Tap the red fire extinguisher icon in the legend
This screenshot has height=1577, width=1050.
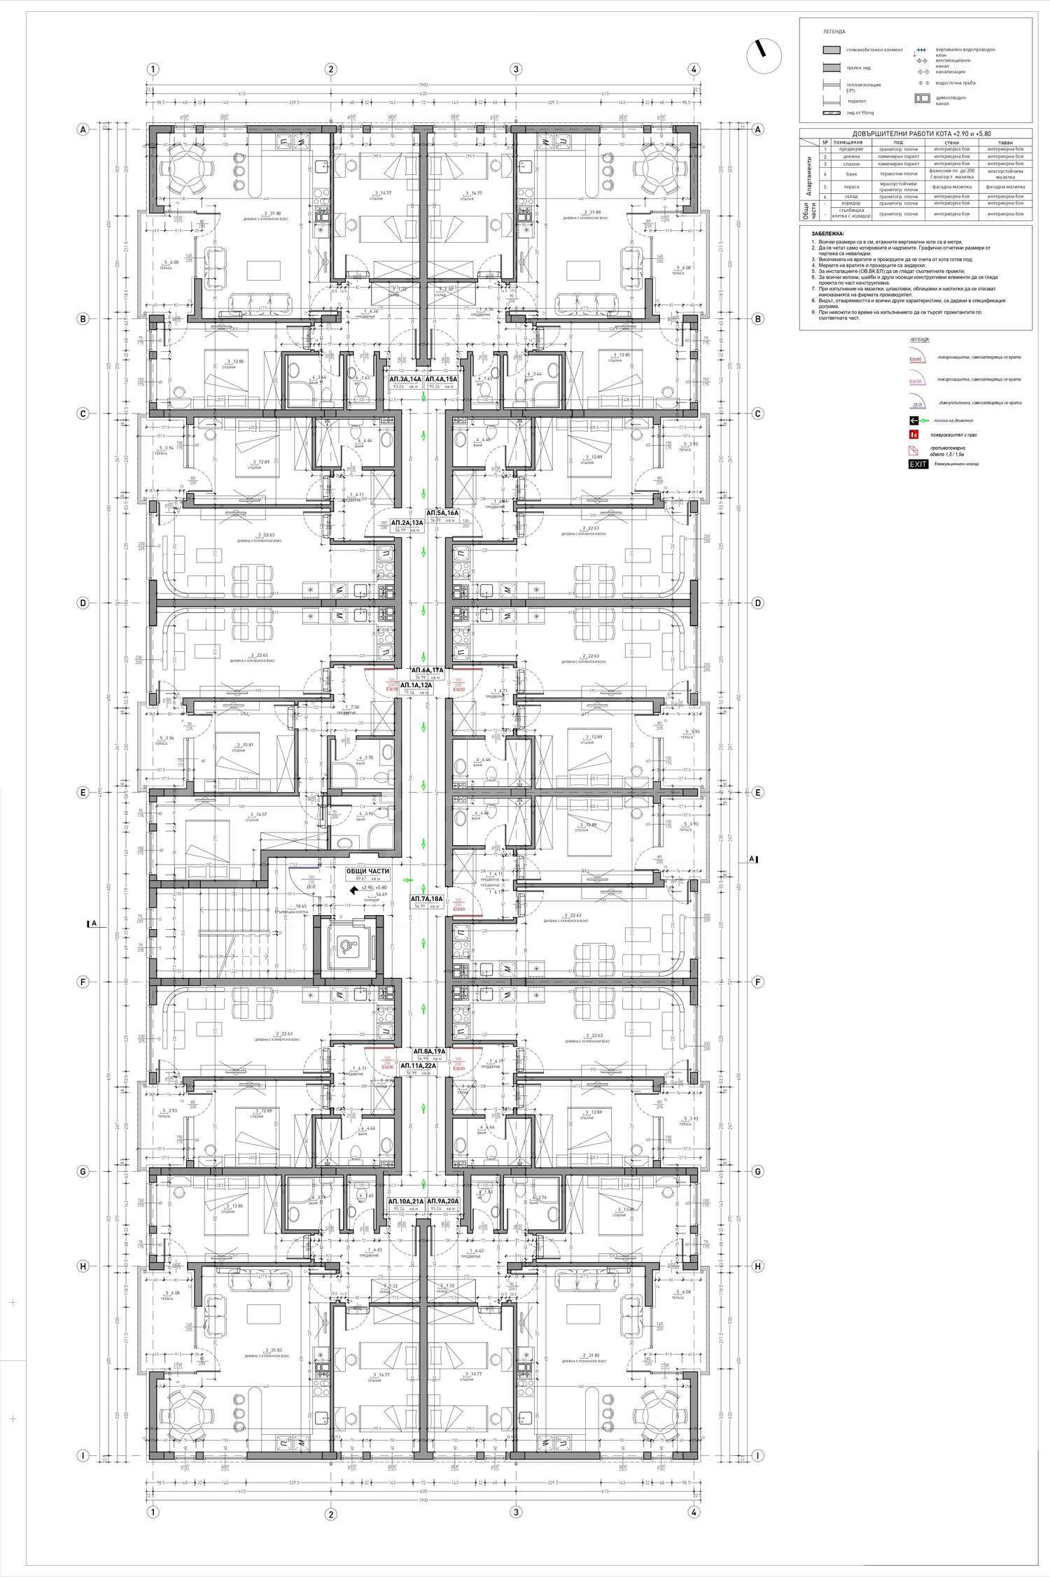click(x=913, y=434)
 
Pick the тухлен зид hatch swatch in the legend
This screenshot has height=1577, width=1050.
click(x=832, y=68)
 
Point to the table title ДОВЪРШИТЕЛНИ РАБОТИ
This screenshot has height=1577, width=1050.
click(x=916, y=134)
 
